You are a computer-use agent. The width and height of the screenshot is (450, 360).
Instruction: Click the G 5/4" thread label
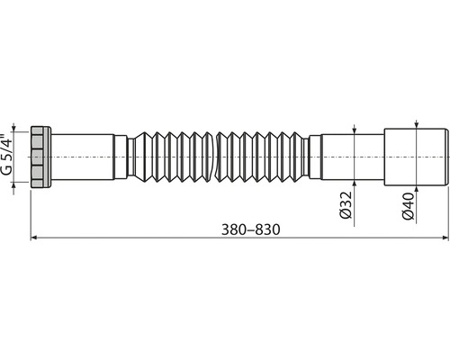pyautogui.click(x=8, y=154)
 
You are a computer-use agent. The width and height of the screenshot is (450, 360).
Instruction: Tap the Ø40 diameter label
pyautogui.click(x=408, y=206)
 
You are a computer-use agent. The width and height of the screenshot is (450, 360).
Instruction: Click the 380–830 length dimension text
pyautogui.click(x=250, y=229)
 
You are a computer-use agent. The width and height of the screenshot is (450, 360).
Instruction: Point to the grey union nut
pyautogui.click(x=41, y=157)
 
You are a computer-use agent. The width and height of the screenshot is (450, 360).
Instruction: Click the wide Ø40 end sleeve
pyautogui.click(x=417, y=157)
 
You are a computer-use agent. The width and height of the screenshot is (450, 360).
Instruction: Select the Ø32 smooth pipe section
pyautogui.click(x=353, y=157)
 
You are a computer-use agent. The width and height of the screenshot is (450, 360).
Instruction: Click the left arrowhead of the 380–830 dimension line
pyautogui.click(x=33, y=238)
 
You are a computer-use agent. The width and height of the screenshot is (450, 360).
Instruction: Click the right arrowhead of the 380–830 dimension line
pyautogui.click(x=445, y=238)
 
